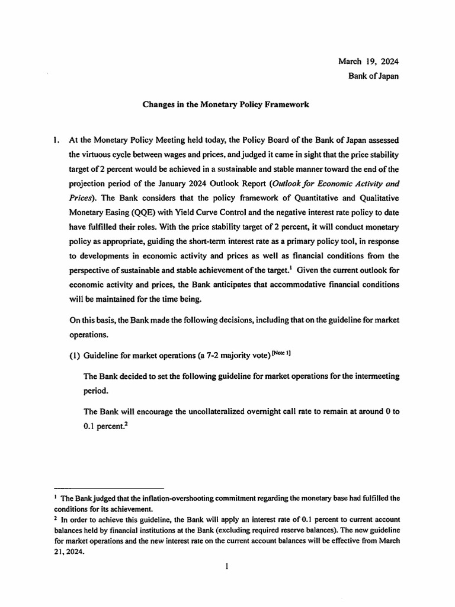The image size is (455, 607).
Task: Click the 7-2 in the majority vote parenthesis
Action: [x=223, y=355]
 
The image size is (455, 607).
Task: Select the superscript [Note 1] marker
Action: [x=280, y=353]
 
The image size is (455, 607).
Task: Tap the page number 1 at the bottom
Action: [x=226, y=567]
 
